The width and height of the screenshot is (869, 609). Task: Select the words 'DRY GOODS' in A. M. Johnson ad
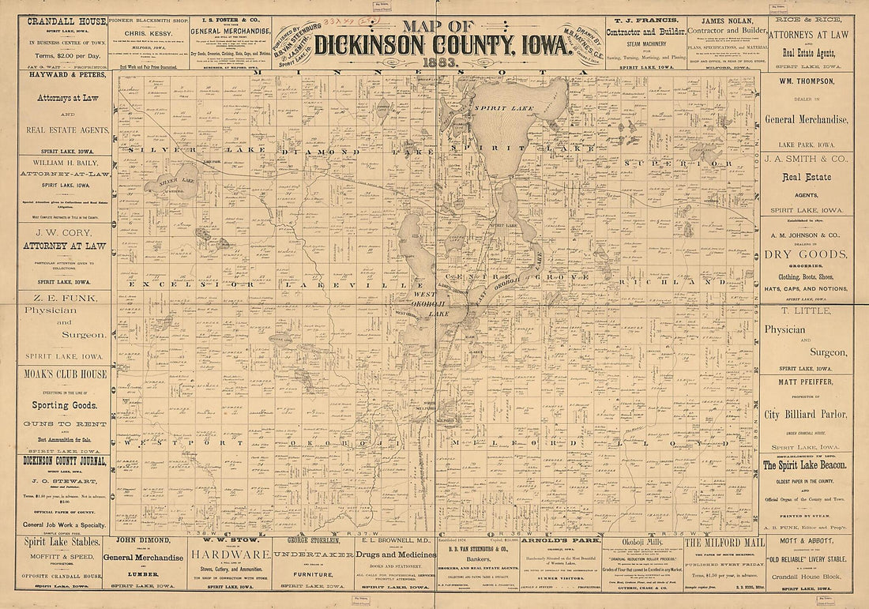pos(805,254)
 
